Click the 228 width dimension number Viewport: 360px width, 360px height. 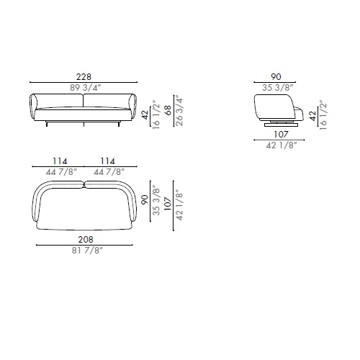(84, 77)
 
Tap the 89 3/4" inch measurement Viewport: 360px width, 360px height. (86, 88)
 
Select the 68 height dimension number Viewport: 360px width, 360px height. (168, 110)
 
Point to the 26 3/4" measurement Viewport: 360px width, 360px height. (179, 110)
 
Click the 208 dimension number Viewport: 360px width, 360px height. (86, 239)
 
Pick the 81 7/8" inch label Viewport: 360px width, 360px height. (87, 251)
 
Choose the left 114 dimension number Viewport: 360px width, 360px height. (60, 161)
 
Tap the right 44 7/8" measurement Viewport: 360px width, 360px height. (109, 172)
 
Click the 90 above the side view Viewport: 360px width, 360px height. (276, 77)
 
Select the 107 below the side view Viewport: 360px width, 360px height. (281, 135)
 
